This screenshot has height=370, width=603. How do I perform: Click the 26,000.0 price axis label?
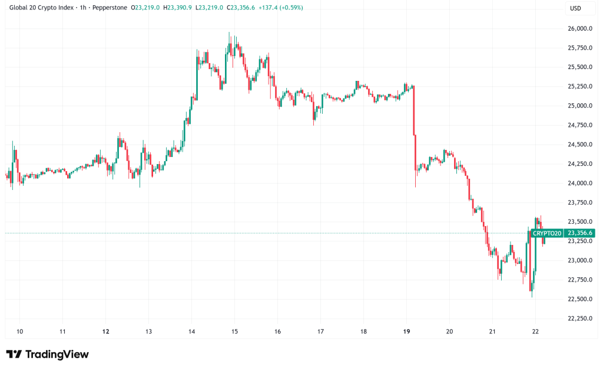[579, 28]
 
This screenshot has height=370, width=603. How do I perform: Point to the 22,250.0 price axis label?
[579, 318]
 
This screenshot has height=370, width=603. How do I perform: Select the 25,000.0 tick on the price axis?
[579, 106]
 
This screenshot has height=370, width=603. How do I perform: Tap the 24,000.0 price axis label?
[579, 183]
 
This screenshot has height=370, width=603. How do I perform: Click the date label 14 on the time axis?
[191, 332]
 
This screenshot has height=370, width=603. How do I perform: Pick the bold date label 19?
[406, 332]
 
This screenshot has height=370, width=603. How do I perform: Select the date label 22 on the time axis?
[535, 332]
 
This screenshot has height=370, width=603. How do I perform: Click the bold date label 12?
[105, 332]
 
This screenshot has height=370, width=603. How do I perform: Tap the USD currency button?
[575, 8]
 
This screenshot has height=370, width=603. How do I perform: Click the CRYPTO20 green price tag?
[547, 233]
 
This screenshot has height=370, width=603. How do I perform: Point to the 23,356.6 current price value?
[580, 233]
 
